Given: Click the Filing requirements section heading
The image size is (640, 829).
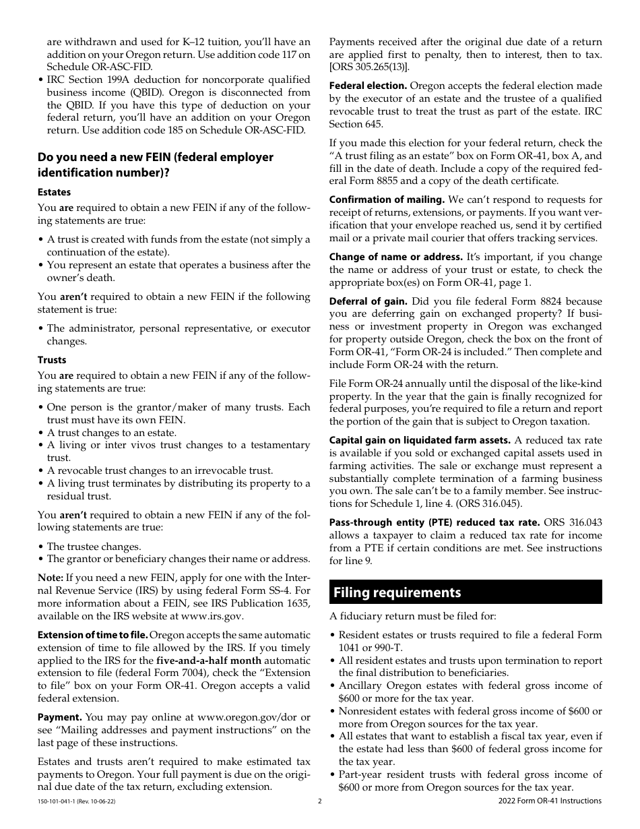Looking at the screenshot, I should point(397,592).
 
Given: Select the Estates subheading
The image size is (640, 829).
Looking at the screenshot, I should point(54,192).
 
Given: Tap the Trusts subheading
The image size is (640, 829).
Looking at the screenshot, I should point(52,360).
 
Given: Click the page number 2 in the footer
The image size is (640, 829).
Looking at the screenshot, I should point(320,801).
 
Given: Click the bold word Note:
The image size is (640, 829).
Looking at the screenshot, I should point(51,578).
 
